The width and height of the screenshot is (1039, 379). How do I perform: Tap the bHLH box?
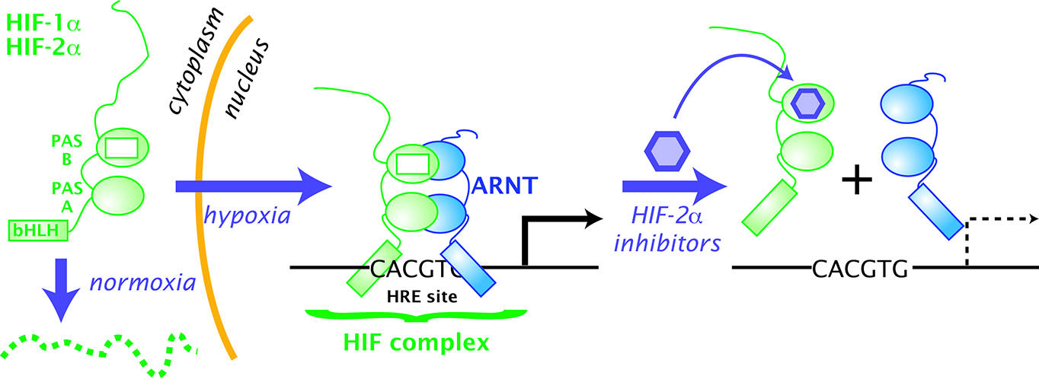(x=38, y=228)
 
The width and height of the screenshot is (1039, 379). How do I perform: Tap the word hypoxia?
(x=248, y=215)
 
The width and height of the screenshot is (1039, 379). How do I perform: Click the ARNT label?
(x=507, y=184)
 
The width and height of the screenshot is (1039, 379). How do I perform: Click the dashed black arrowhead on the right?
(x=1031, y=220)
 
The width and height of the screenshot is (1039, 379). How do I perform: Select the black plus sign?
(x=856, y=181)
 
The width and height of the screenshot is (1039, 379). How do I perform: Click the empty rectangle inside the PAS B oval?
(x=122, y=147)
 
